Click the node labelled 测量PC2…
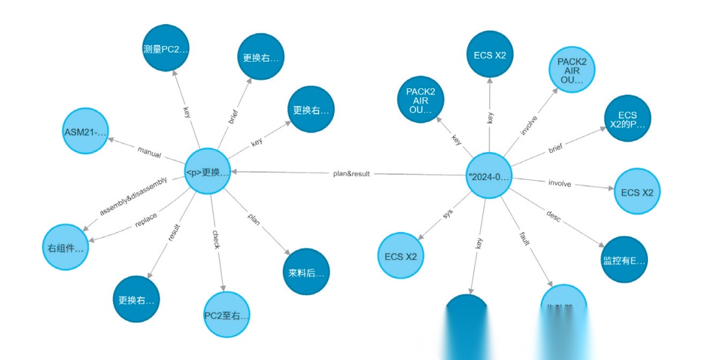165,48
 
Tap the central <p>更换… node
207,172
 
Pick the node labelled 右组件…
65,248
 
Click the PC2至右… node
226,316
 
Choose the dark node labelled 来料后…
306,272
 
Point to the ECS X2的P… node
627,119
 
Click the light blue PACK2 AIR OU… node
572,70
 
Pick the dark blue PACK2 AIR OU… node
420,100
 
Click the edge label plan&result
351,174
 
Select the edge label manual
149,151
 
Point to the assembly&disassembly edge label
133,196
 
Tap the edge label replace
146,220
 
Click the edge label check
216,240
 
